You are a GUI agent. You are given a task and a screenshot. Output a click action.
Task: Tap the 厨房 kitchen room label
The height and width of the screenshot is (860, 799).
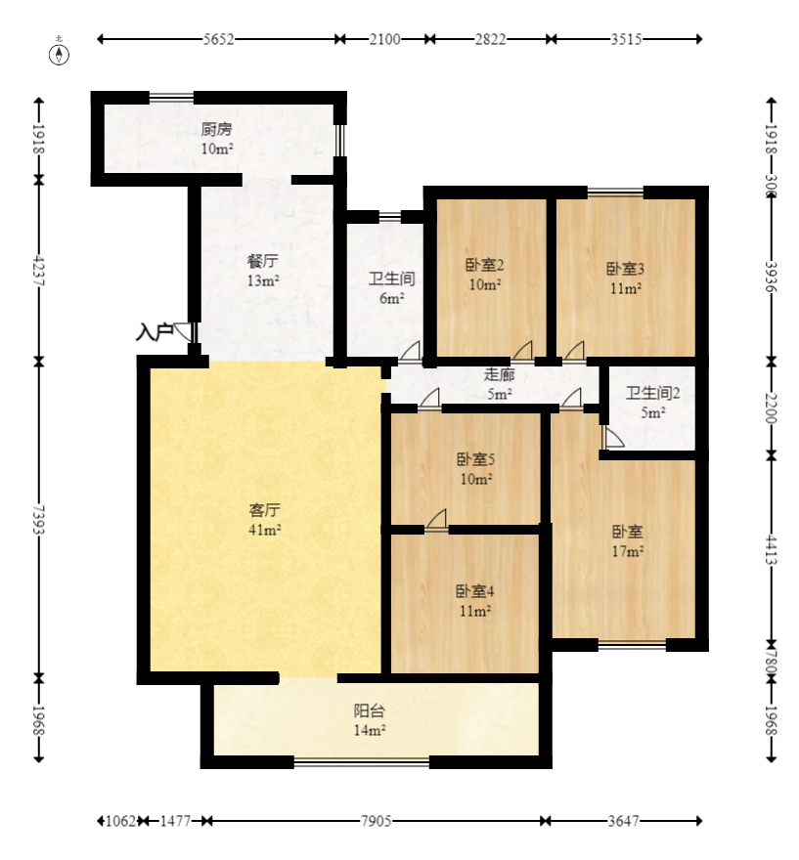[216, 138]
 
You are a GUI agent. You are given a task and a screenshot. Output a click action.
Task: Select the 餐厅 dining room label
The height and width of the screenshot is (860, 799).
[263, 271]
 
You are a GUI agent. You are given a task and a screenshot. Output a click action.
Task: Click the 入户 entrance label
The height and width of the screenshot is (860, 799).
[154, 333]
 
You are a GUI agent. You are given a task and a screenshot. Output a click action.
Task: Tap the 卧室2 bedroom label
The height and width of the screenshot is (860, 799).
[484, 274]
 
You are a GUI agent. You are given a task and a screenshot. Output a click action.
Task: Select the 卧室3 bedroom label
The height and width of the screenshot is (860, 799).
[625, 278]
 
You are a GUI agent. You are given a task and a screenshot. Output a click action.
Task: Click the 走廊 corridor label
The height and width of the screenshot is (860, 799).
[499, 384]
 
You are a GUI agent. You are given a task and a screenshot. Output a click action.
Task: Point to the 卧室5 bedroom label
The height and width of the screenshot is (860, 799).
[475, 468]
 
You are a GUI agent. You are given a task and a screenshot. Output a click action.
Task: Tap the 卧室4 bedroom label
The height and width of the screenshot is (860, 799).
[474, 600]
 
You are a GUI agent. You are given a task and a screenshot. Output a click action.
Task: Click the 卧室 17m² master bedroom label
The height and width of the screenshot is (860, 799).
[627, 541]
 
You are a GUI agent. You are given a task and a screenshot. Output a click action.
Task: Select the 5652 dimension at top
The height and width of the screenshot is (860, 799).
[217, 39]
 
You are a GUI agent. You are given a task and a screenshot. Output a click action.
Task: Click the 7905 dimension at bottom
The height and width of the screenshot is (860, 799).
[376, 821]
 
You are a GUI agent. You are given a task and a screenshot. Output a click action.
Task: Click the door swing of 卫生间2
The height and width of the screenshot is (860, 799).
[612, 438]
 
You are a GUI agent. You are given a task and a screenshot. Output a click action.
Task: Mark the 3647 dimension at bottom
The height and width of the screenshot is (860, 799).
[624, 821]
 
